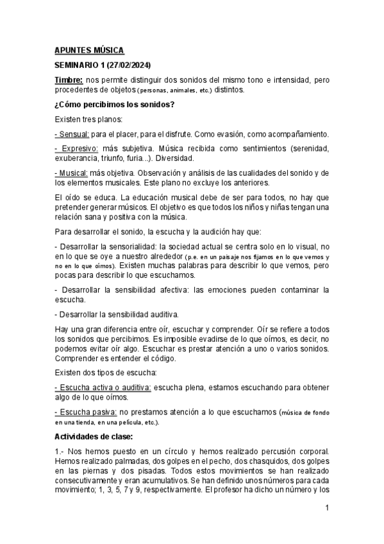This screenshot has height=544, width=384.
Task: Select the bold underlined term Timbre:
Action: pos(69,79)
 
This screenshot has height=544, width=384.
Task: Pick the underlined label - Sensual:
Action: pos(72,134)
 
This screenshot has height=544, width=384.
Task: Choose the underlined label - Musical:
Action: pos(72,173)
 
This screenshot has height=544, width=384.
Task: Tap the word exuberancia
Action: pos(79,158)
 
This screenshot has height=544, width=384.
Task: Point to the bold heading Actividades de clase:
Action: pos(94,436)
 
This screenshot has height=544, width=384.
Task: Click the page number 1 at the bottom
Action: pos(327,508)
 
